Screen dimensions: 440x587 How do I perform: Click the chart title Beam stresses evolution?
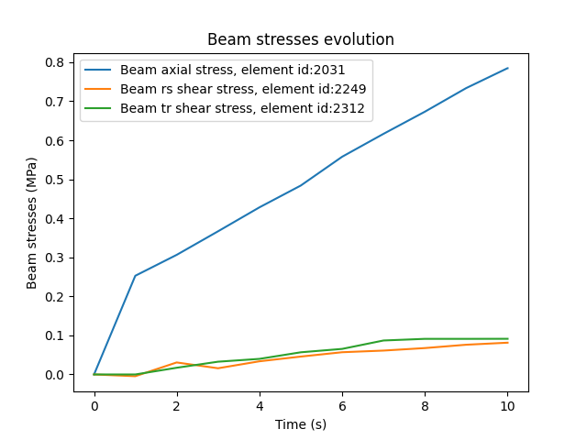(301, 39)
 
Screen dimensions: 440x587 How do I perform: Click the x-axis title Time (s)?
(301, 424)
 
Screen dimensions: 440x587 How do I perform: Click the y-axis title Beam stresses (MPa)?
(32, 222)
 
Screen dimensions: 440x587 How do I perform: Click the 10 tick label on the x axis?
(507, 406)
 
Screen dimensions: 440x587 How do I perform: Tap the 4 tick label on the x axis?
(260, 406)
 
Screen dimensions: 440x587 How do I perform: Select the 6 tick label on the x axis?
(342, 406)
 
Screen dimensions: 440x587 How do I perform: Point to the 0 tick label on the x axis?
(94, 406)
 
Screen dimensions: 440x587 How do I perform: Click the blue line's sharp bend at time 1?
(136, 276)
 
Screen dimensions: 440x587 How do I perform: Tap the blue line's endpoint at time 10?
(507, 68)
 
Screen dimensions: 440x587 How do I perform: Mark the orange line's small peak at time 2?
(177, 362)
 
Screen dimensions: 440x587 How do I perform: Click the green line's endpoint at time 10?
(507, 339)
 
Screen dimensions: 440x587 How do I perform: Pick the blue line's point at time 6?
(342, 157)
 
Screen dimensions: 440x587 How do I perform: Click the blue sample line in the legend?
(100, 70)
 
